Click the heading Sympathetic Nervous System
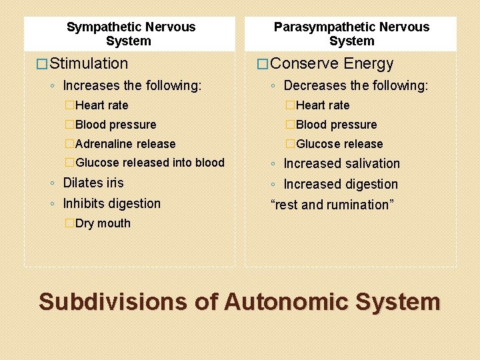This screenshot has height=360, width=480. (131, 34)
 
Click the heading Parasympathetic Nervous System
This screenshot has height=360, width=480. (351, 34)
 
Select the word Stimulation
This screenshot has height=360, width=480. (89, 64)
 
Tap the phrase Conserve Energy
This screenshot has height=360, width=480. (333, 64)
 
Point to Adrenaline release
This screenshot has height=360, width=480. (125, 144)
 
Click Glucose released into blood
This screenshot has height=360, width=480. (150, 163)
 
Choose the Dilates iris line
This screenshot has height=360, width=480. (93, 183)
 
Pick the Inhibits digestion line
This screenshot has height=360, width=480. (112, 203)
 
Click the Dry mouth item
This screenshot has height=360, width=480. (103, 223)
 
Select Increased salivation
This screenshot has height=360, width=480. (342, 163)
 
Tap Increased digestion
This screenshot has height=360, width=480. (341, 184)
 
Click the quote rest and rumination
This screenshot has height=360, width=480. (332, 205)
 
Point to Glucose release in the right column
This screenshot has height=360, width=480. (339, 144)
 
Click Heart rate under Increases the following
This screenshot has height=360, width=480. (102, 105)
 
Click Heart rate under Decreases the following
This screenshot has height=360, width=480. (323, 105)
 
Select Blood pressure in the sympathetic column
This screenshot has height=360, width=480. (116, 125)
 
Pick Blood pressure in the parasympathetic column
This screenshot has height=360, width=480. (336, 125)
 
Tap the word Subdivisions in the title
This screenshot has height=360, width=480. (113, 302)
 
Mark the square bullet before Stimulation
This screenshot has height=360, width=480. (42, 65)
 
